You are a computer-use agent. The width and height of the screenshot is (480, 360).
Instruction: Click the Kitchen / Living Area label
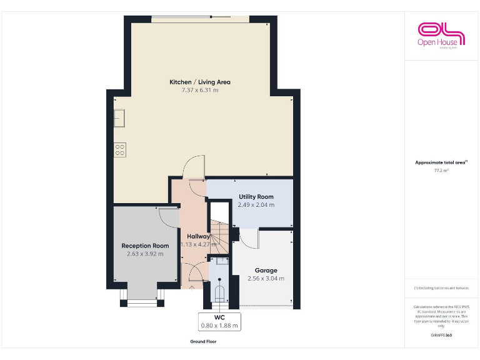pos(200,82)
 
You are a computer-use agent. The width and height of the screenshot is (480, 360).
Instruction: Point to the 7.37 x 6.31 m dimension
pos(200,90)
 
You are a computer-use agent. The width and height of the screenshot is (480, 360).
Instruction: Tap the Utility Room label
pos(256,197)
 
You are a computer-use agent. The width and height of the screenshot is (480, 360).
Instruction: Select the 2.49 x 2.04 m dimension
pos(256,204)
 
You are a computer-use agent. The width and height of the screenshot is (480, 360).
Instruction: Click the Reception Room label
pos(145,246)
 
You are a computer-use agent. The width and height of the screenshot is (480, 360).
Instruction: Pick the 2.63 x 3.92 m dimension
pos(145,254)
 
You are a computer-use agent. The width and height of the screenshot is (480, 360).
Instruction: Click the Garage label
pos(266,271)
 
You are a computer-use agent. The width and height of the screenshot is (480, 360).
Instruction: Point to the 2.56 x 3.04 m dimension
pos(266,279)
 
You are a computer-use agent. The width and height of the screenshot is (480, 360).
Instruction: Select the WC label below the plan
pos(219,317)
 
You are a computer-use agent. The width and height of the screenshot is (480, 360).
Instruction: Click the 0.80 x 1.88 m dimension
pos(219,325)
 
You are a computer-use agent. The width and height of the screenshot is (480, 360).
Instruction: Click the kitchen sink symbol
pos(119,117)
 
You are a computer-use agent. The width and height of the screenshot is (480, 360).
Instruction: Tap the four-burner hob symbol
pos(119,149)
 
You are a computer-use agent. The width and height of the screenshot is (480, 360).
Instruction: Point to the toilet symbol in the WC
pos(219,292)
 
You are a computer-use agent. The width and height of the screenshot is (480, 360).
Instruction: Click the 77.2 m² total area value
pos(441,170)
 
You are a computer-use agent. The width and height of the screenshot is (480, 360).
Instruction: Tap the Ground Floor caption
pos(203,342)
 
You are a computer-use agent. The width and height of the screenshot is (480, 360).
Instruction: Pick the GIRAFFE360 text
pos(441,336)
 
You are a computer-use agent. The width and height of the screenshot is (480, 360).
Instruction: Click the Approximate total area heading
pos(441,162)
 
